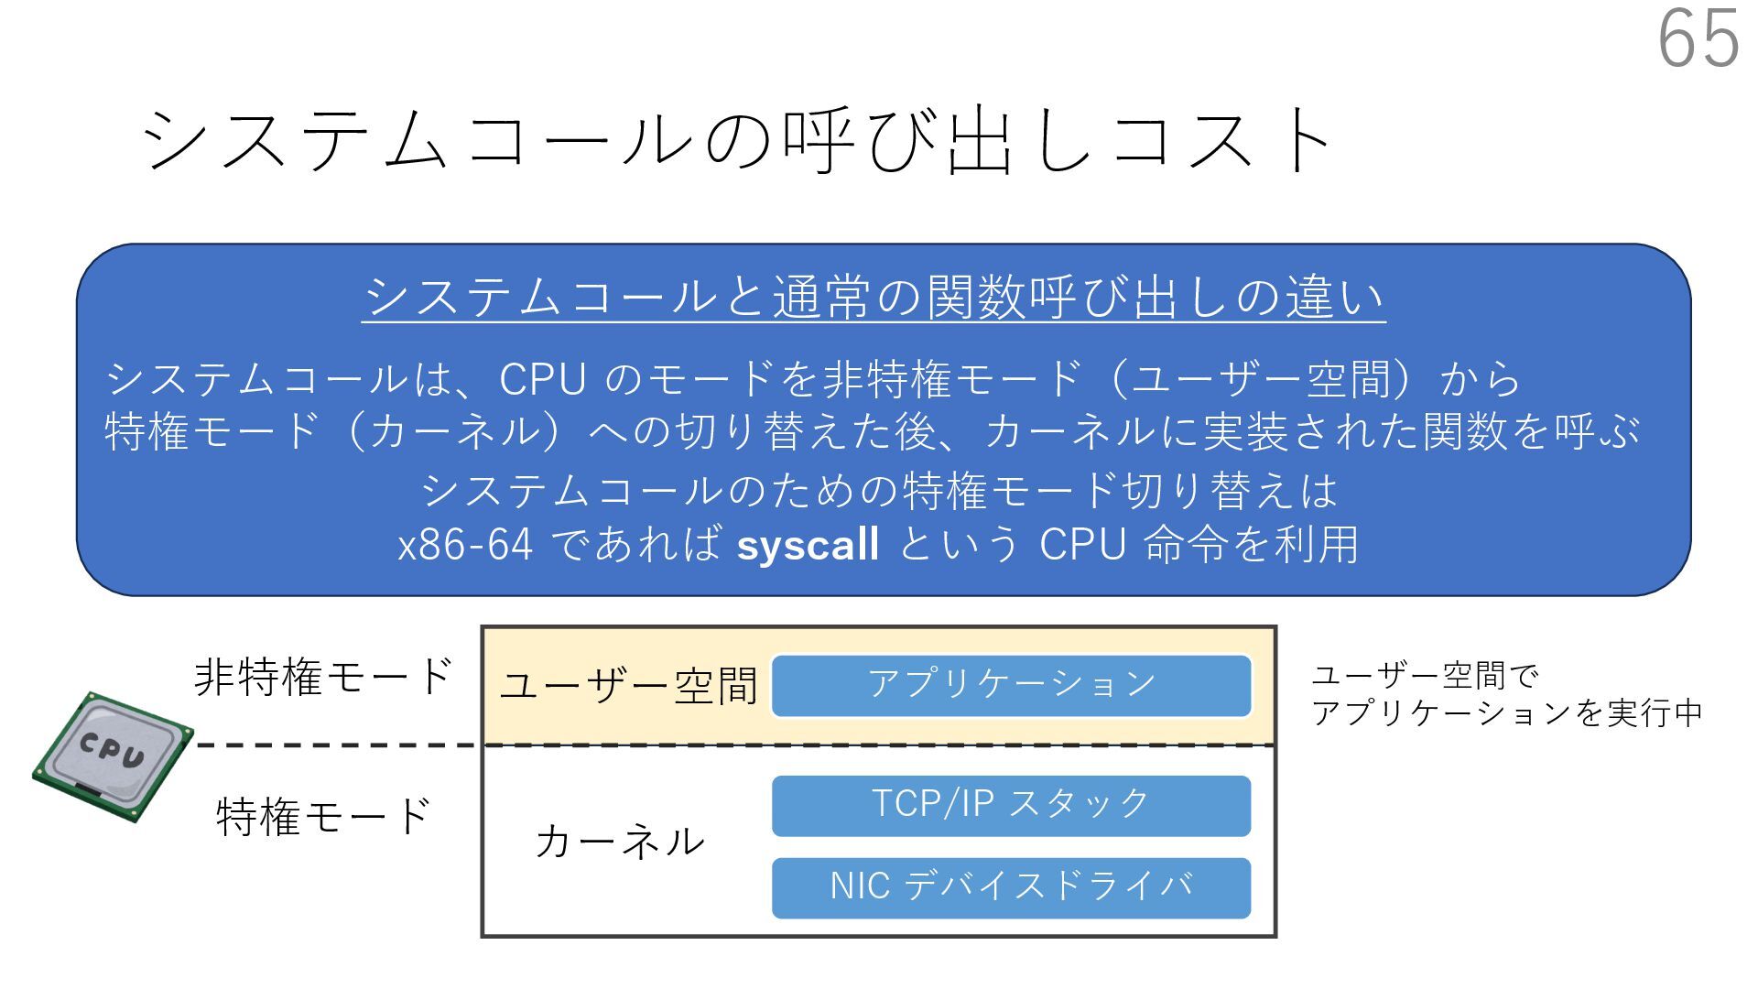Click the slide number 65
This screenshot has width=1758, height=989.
pos(1698,38)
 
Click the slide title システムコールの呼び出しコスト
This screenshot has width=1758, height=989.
pos(738,140)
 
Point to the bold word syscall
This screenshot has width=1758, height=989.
pos(808,545)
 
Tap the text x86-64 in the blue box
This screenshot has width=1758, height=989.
pos(465,545)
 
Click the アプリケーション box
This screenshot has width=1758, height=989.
pos(1011,685)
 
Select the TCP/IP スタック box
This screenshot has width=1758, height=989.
pos(1011,805)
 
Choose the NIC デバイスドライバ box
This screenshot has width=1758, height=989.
pos(1011,887)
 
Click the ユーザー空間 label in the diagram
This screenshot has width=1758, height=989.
pos(629,686)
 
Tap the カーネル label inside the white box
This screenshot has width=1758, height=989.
pos(620,841)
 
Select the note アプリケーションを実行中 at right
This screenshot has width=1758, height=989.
pos(1507,713)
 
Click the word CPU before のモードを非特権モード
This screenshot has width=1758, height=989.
pos(542,379)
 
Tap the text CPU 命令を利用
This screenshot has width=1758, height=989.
pos(1199,545)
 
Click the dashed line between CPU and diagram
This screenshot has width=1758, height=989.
pos(339,745)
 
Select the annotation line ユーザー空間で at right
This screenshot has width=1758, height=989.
pos(1425,677)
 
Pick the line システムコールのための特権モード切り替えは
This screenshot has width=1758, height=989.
pos(879,491)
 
